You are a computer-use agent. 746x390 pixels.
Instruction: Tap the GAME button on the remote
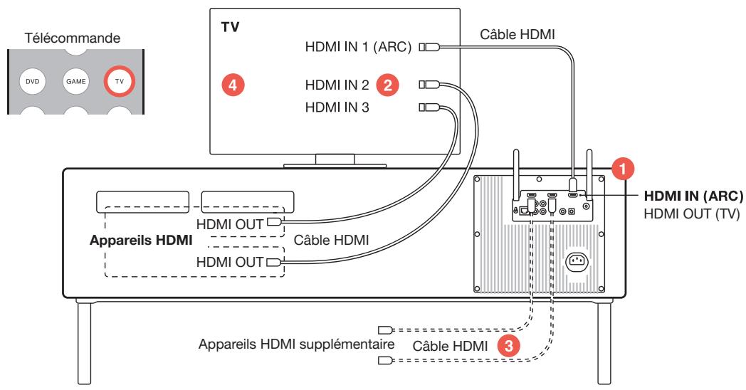[75, 82]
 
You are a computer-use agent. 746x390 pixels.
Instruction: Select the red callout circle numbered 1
[624, 169]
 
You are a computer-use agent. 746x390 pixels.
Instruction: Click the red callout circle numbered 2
[387, 85]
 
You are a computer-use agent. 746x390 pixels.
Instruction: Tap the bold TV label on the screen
[231, 32]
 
